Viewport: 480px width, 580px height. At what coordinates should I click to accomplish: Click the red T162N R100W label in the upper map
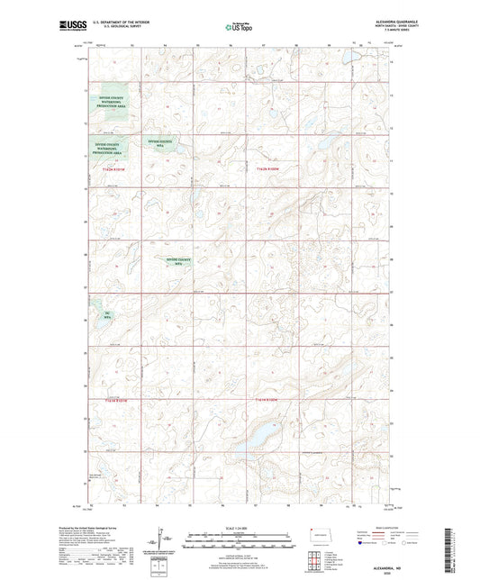coord(268,168)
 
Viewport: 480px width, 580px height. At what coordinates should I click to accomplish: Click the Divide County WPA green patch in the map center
coord(180,262)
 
